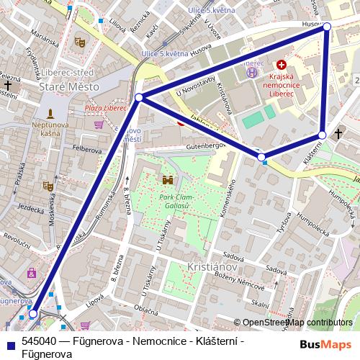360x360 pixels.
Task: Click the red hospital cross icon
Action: click(x=281, y=65)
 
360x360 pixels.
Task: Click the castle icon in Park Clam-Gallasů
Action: click(x=168, y=179)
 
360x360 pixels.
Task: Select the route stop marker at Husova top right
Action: click(x=327, y=26)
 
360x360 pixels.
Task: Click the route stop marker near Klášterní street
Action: click(x=322, y=135)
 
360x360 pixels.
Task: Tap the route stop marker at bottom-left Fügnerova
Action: click(x=33, y=314)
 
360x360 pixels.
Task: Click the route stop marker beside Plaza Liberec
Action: click(x=139, y=97)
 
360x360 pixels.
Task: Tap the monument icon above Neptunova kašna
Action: click(x=50, y=114)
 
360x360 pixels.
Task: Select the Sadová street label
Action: click(x=230, y=256)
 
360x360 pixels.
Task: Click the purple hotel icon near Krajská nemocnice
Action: click(x=251, y=71)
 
